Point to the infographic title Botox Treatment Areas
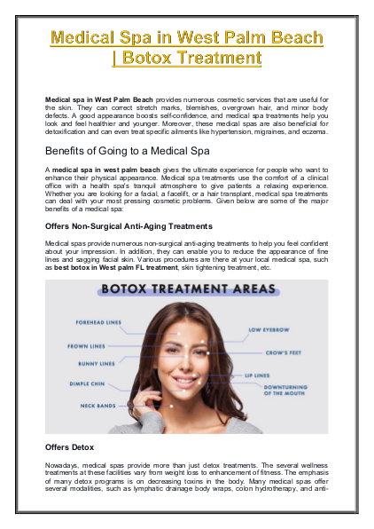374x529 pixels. pyautogui.click(x=187, y=289)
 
